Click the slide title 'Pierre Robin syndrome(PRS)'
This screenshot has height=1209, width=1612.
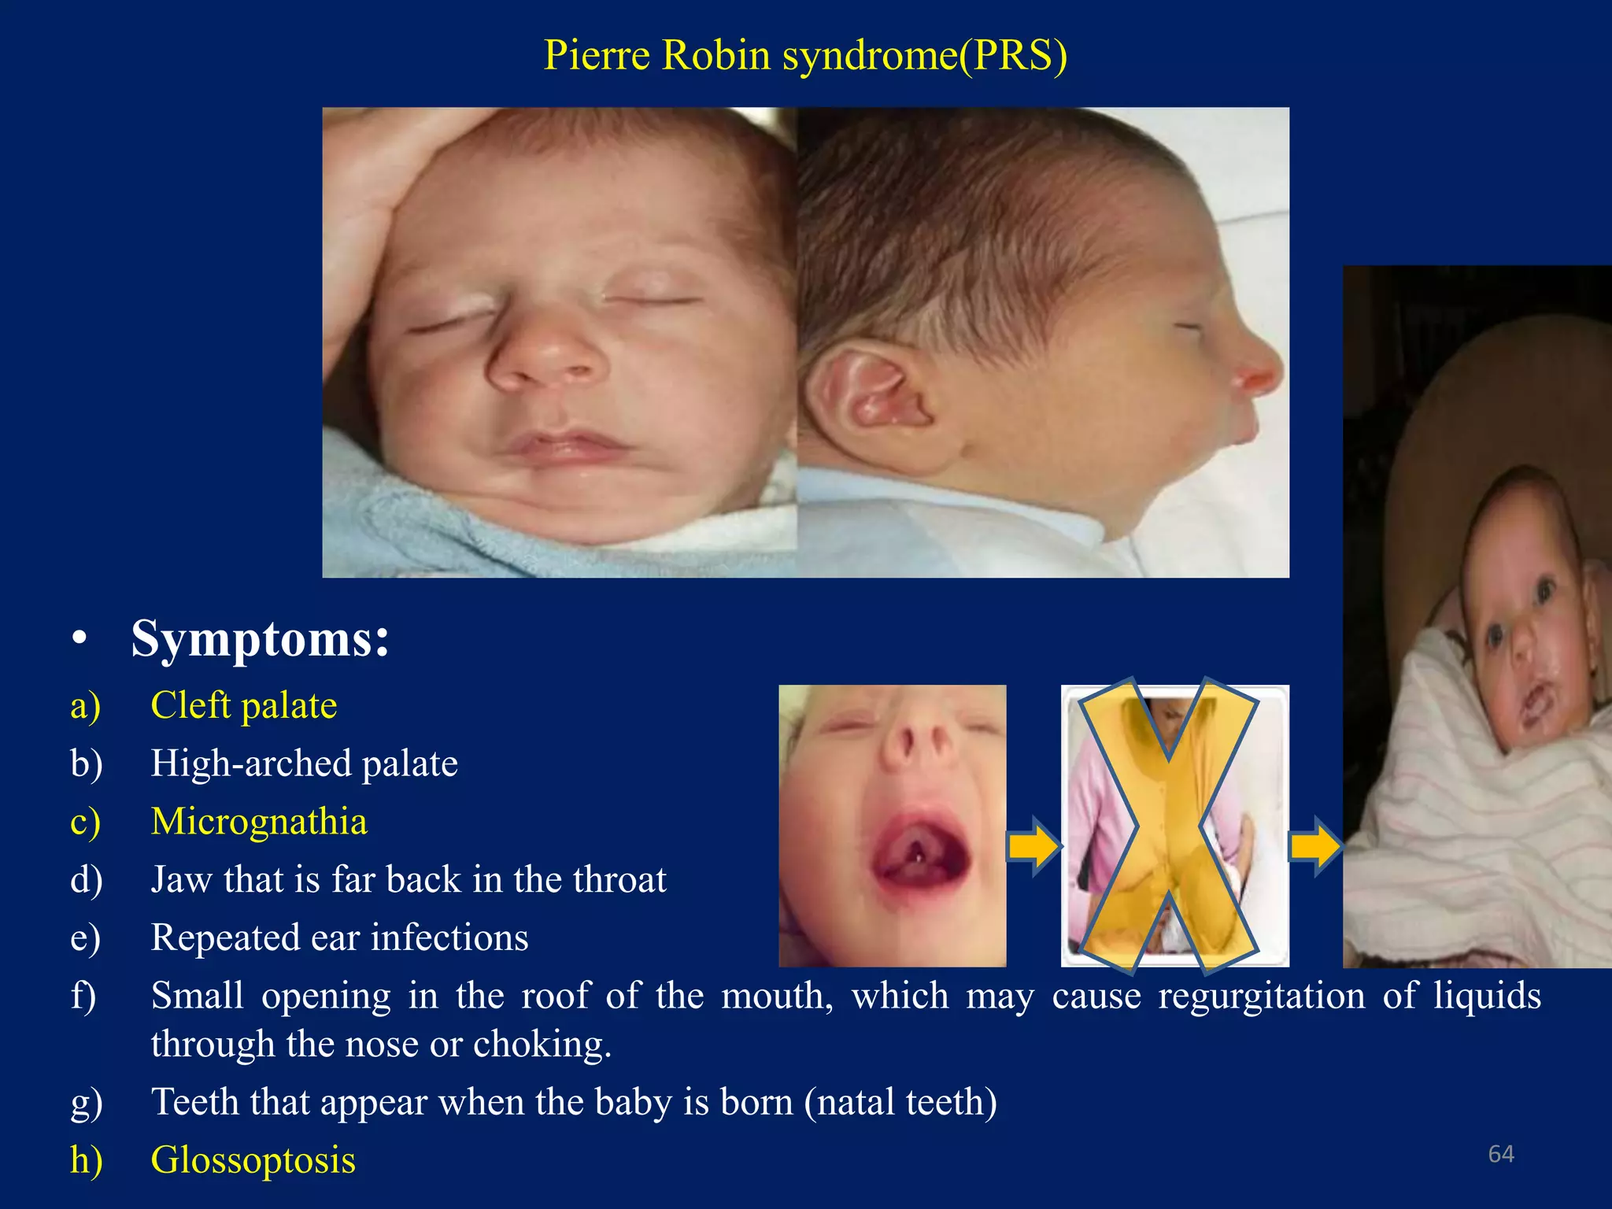[x=805, y=55]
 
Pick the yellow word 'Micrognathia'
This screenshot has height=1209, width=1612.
[x=259, y=821]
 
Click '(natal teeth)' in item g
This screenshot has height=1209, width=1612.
[x=900, y=1102]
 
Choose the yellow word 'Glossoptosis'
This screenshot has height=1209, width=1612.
[x=253, y=1160]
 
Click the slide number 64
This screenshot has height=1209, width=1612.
[x=1501, y=1154]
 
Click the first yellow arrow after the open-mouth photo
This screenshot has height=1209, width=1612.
[x=1033, y=847]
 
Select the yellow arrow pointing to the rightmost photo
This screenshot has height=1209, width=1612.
[x=1314, y=847]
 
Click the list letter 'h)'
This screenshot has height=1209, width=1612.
[x=86, y=1160]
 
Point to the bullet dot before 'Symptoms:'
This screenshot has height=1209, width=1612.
[x=78, y=638]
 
